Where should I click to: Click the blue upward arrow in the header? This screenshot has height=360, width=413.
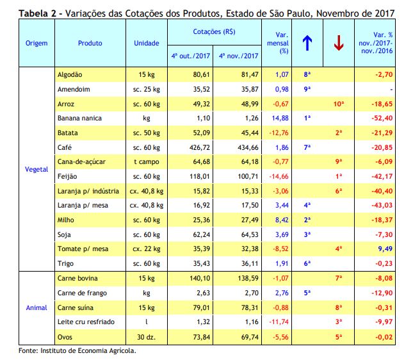[307, 43]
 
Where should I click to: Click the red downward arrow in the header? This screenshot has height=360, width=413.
[339, 43]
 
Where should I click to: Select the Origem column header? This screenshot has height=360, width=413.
[36, 43]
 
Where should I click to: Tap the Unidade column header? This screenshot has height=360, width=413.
[147, 43]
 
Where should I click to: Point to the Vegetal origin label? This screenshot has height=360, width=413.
[36, 169]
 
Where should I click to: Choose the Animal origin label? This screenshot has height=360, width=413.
[36, 307]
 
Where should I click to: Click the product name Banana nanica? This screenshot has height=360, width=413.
[79, 118]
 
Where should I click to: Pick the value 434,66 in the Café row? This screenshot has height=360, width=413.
[248, 147]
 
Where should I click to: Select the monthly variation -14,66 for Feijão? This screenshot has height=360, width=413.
[279, 176]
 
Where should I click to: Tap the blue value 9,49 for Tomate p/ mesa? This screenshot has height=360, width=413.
[385, 249]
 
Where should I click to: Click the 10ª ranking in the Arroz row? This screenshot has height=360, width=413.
[339, 104]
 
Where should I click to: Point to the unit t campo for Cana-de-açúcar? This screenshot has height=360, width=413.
[147, 162]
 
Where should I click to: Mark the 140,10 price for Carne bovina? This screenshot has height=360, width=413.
[200, 278]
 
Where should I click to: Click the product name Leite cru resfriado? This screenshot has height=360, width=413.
[86, 322]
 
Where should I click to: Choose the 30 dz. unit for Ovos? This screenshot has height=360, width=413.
[146, 337]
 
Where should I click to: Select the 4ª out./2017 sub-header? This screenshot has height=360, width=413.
[190, 56]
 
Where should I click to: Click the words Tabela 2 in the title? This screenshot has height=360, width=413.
[37, 13]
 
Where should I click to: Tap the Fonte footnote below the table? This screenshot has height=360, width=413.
[77, 351]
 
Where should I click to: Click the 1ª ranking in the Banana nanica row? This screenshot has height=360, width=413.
[307, 118]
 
